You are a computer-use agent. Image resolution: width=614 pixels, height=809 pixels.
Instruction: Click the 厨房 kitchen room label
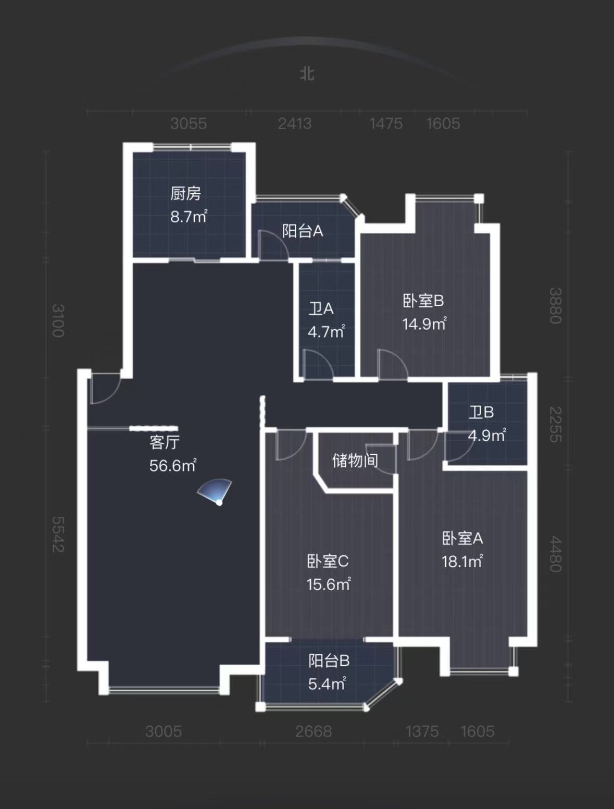pyautogui.click(x=185, y=194)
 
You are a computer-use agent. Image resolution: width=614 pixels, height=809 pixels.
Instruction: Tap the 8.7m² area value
pyautogui.click(x=189, y=216)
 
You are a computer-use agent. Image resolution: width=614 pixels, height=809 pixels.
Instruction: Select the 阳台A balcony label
pyautogui.click(x=303, y=231)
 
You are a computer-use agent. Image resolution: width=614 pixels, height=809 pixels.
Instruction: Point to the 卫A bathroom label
pyautogui.click(x=321, y=309)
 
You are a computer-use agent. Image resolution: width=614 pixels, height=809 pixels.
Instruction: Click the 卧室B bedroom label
pyautogui.click(x=423, y=301)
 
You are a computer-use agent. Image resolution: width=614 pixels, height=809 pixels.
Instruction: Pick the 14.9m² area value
pyautogui.click(x=424, y=323)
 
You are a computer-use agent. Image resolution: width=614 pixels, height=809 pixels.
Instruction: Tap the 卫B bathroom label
pyautogui.click(x=481, y=413)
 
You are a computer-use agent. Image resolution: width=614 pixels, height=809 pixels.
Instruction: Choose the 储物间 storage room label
pyautogui.click(x=355, y=460)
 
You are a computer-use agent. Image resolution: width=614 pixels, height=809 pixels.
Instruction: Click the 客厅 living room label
pyautogui.click(x=165, y=442)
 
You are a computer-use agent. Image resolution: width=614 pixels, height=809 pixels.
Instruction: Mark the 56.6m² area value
pyautogui.click(x=172, y=465)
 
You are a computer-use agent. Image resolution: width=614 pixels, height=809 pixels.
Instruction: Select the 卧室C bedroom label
pyautogui.click(x=328, y=561)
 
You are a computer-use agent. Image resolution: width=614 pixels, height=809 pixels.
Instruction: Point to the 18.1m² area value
pyautogui.click(x=462, y=561)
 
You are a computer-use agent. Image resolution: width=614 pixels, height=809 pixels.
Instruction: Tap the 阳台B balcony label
pyautogui.click(x=329, y=661)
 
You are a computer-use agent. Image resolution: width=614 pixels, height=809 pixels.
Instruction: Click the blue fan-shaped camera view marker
pyautogui.click(x=216, y=491)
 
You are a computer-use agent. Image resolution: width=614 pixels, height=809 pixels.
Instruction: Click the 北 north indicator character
pyautogui.click(x=307, y=73)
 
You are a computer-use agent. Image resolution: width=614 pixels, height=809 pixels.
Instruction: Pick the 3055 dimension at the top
pyautogui.click(x=189, y=123)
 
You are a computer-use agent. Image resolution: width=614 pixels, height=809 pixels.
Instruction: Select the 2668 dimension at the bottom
pyautogui.click(x=313, y=731)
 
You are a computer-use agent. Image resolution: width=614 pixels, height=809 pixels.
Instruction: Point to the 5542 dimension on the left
pyautogui.click(x=58, y=534)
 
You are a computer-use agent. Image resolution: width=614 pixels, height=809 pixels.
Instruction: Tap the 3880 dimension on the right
pyautogui.click(x=556, y=306)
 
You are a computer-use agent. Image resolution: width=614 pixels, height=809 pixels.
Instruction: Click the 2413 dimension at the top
pyautogui.click(x=295, y=123)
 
